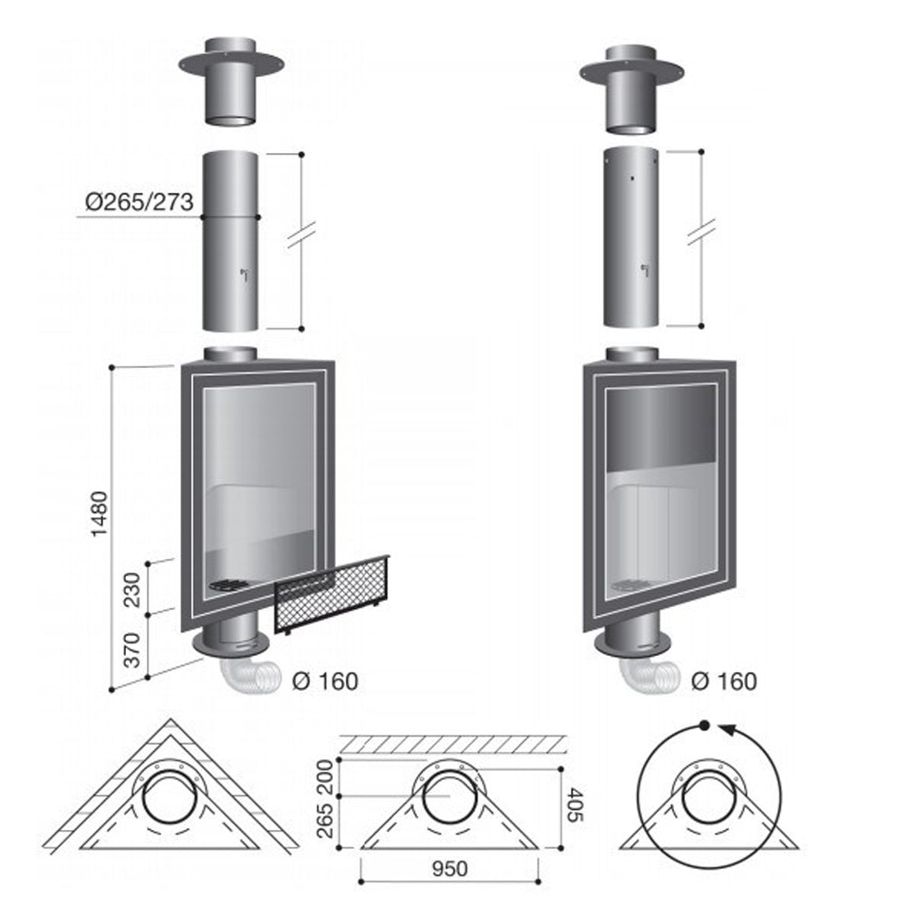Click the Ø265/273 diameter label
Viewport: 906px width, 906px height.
(140, 202)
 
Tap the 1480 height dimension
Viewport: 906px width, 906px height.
(100, 514)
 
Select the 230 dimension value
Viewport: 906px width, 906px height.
(133, 590)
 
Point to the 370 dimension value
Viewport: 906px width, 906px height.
(133, 650)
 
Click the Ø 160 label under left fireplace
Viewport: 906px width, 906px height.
(325, 681)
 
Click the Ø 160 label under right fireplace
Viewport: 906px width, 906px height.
(724, 681)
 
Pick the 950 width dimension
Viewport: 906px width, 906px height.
(449, 869)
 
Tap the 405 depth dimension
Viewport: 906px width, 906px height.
(576, 805)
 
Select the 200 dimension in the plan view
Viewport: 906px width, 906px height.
(326, 777)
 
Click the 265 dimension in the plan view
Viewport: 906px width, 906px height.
(326, 819)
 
